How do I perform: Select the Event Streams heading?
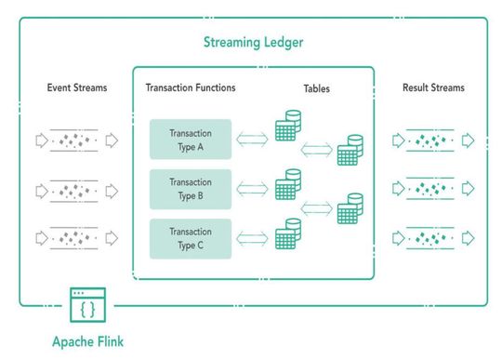point(77,87)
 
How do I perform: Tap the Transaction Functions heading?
point(191,87)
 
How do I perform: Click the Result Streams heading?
point(433,87)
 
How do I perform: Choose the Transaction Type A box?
point(191,139)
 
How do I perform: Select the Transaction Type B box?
point(191,189)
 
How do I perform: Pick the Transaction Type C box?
point(191,239)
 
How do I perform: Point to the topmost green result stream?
point(433,141)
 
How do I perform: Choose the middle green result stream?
point(433,190)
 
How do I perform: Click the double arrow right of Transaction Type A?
point(253,140)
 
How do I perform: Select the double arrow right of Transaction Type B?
point(253,190)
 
